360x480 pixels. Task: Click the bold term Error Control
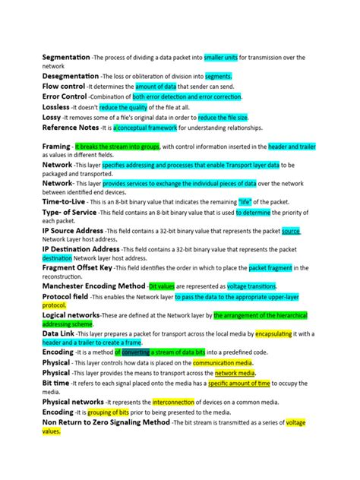[x=64, y=97]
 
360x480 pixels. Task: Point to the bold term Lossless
[x=56, y=107]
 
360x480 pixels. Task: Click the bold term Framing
[x=55, y=146]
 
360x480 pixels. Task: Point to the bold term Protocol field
[x=68, y=296]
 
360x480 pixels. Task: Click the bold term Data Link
[x=58, y=333]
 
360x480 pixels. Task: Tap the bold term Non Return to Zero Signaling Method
[x=106, y=422]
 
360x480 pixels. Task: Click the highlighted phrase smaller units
[x=221, y=57]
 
